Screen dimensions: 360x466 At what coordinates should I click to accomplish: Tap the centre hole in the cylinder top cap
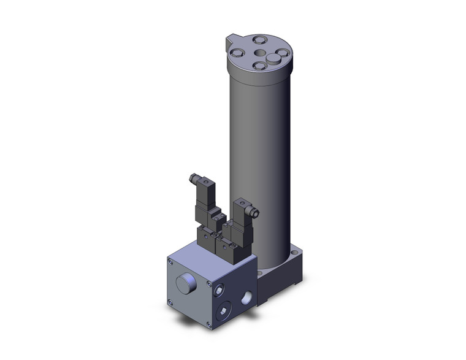(x=259, y=52)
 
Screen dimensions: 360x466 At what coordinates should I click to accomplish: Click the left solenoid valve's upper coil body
(x=204, y=196)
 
